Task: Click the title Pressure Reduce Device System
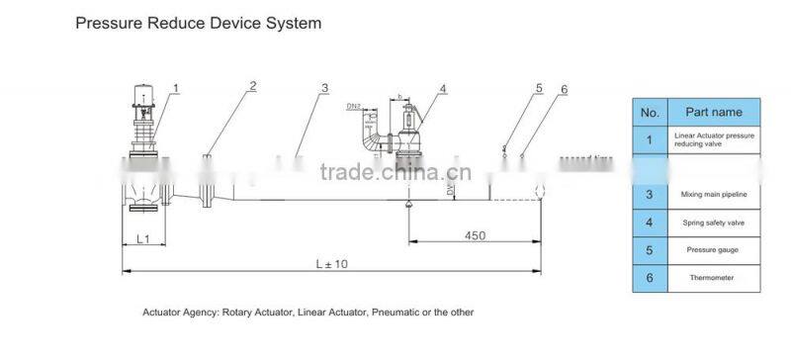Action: (x=198, y=21)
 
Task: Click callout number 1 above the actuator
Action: (x=176, y=89)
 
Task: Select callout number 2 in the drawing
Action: (x=252, y=86)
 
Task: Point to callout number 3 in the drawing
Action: (x=324, y=88)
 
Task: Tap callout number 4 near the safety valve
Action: (x=443, y=89)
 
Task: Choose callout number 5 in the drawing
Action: (x=539, y=88)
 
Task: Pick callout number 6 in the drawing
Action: (x=564, y=90)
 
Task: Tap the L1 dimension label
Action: (x=142, y=238)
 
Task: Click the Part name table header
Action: (x=713, y=112)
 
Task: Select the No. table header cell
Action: (x=650, y=112)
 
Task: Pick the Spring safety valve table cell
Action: (x=713, y=223)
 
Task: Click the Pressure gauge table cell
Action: (x=713, y=250)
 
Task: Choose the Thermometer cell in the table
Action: (x=713, y=278)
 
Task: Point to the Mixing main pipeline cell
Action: (x=713, y=195)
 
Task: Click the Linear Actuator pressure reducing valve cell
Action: (x=713, y=139)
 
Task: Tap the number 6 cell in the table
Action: (x=650, y=278)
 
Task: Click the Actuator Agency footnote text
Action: (x=308, y=312)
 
